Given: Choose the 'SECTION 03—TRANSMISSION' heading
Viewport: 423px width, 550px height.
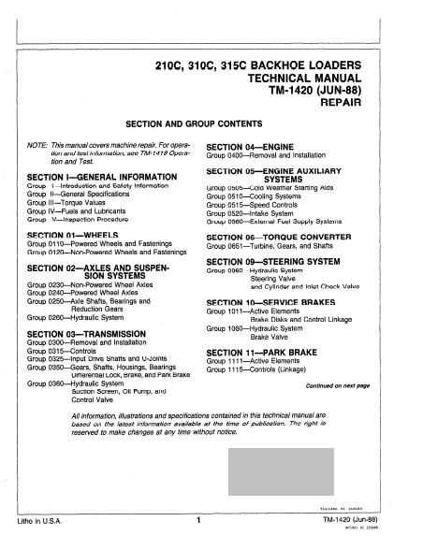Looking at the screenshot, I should [x=86, y=333].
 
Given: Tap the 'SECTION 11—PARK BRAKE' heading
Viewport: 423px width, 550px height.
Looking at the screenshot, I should [x=264, y=350].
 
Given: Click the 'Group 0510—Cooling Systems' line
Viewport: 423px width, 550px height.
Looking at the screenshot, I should [x=259, y=197].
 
